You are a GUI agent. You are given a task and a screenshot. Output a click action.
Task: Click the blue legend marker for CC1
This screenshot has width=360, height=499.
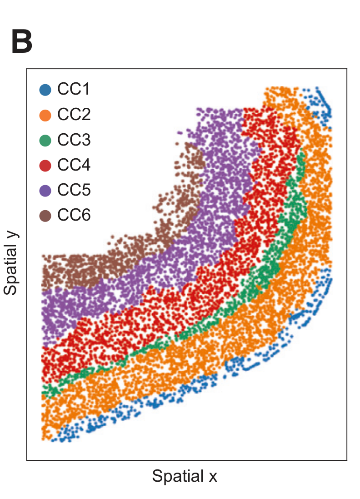[45, 90]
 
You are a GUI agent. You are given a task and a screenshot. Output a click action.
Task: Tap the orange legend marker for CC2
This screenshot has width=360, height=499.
[45, 115]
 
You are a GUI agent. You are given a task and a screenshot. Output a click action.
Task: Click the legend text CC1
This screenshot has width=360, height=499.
[74, 90]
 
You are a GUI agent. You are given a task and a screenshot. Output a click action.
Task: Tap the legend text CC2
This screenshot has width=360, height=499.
[74, 115]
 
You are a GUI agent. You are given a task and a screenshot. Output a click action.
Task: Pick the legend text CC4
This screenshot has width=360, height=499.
[74, 165]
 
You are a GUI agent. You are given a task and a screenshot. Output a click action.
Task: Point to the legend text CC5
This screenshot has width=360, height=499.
[74, 190]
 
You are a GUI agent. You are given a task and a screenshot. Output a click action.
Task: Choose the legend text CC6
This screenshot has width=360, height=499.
[74, 215]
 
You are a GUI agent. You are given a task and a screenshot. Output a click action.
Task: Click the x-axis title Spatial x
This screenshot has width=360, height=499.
[185, 476]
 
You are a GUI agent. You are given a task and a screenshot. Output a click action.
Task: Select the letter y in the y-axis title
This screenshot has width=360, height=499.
[12, 237]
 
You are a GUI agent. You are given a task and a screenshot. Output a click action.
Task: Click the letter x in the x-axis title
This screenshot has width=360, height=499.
[213, 477]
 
